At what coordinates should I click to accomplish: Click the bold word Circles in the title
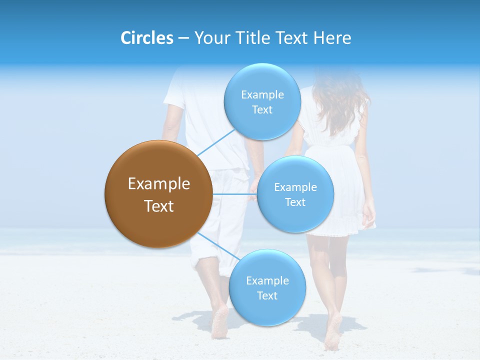[146, 38]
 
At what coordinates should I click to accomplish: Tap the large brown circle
[158, 194]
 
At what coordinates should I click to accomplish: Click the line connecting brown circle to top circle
[216, 142]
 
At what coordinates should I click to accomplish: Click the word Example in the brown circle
[158, 184]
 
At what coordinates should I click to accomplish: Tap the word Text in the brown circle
[158, 206]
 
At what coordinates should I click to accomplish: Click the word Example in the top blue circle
[262, 94]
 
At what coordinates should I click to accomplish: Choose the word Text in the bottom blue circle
[267, 295]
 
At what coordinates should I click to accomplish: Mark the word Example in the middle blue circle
[295, 187]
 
